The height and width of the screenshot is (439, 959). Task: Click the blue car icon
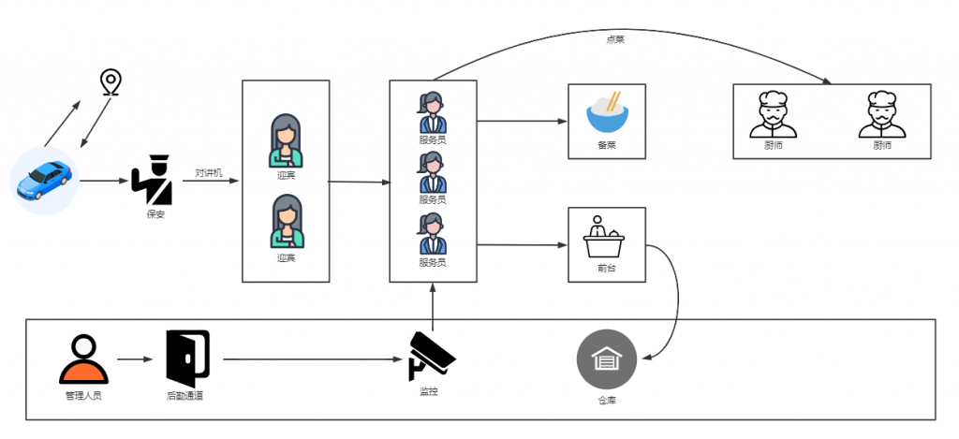coord(46,180)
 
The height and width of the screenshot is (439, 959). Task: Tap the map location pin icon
coord(111,81)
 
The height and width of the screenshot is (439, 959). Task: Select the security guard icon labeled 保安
coord(153,180)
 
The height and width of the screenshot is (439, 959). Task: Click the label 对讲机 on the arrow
coord(208,172)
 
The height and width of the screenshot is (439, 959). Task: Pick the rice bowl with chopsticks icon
coord(607,111)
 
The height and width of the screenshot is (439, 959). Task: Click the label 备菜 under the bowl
coord(607,145)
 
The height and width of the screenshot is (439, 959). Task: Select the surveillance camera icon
coord(431,357)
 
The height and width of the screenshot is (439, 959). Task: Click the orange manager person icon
coord(83,359)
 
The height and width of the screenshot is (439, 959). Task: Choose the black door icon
coord(187,358)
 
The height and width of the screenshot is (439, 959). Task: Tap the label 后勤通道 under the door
coord(184,396)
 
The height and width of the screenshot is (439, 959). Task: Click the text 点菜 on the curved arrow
coord(616,39)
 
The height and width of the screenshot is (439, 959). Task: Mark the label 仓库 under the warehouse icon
coord(607,400)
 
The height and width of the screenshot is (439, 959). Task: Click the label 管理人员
coord(83,396)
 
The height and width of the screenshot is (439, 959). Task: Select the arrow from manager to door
coord(135,359)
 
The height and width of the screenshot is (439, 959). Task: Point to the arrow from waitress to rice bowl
coord(521,121)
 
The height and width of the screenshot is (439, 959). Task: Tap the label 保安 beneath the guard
coord(155,213)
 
